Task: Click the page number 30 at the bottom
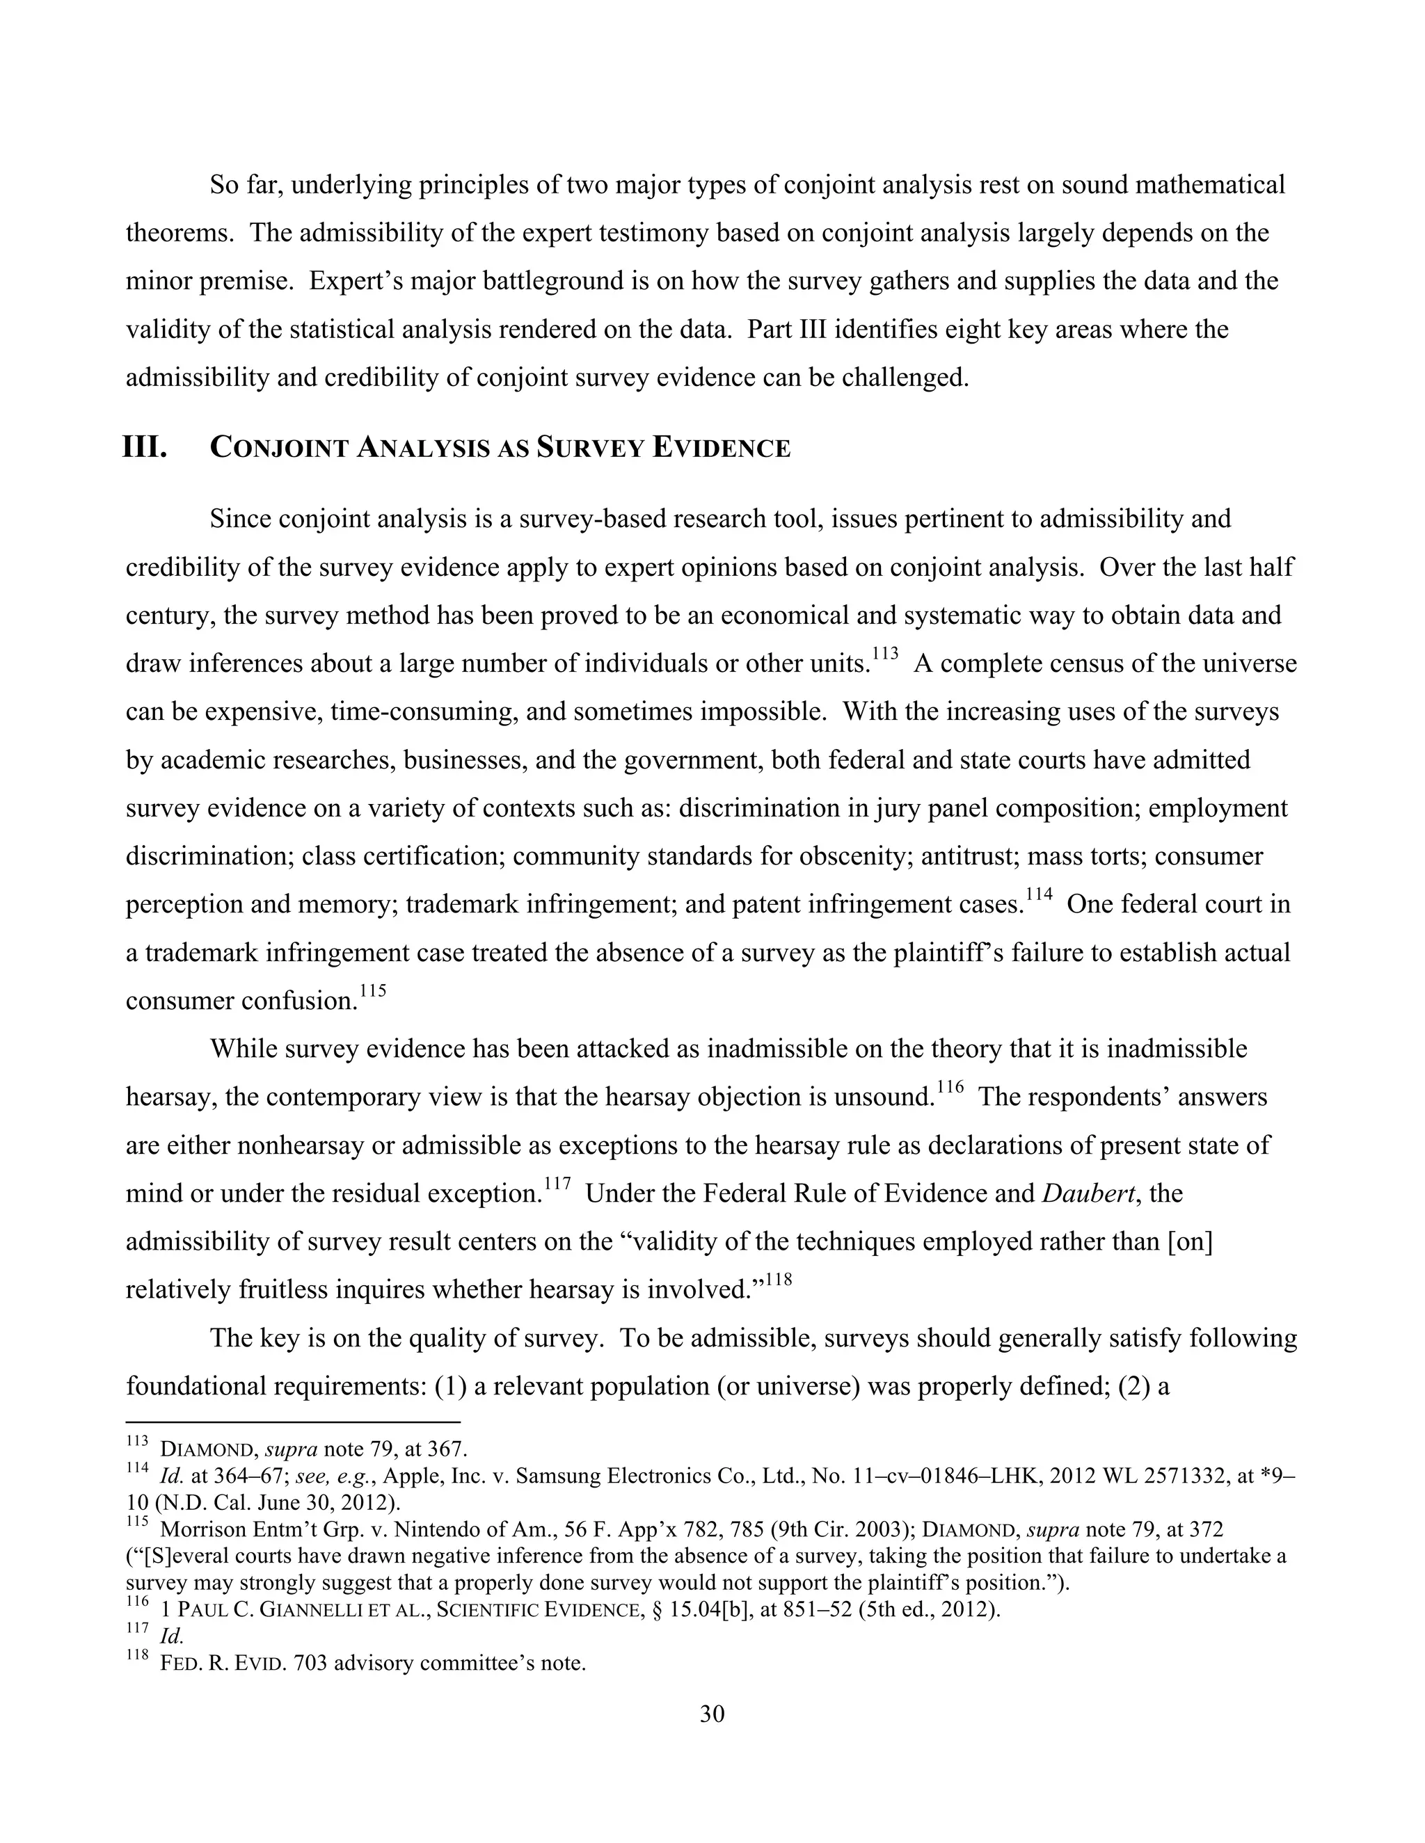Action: coord(712,1714)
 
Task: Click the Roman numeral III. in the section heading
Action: coord(145,447)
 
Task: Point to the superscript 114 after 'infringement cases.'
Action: coord(1040,894)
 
